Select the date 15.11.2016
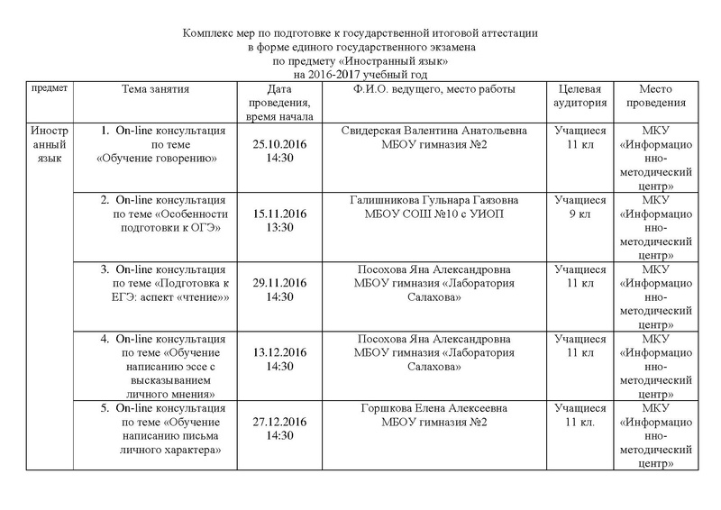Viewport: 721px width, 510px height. [278, 214]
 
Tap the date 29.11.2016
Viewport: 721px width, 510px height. [278, 283]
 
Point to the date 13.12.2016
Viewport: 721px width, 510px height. [278, 352]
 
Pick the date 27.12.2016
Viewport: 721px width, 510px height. [278, 422]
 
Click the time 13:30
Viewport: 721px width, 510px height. [278, 227]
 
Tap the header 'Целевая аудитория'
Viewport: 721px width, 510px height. [580, 96]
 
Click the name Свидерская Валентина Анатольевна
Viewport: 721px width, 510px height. [434, 131]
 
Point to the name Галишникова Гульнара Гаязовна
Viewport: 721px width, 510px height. [434, 200]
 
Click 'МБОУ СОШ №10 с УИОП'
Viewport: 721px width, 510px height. [434, 214]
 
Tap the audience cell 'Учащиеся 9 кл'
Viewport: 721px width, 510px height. [580, 206]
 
